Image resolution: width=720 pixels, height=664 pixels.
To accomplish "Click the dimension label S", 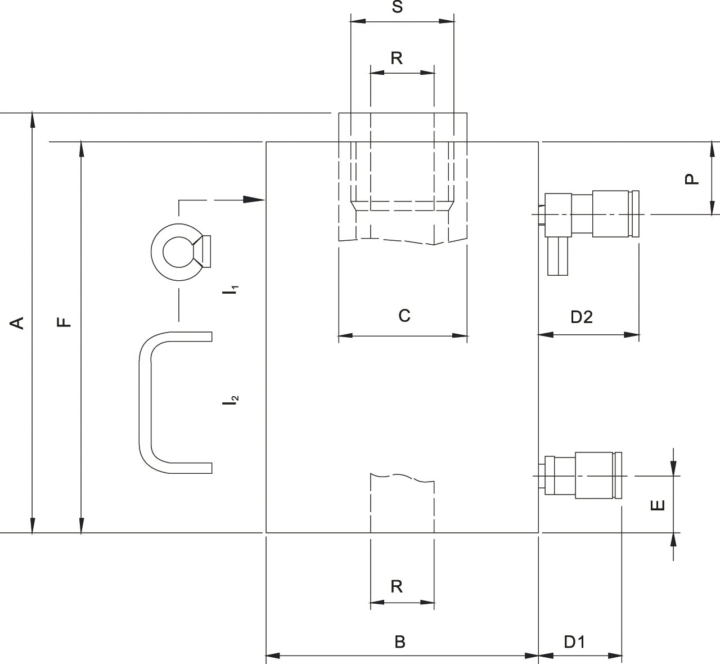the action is click(397, 7).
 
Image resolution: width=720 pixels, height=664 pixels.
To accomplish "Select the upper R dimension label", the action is click(397, 58).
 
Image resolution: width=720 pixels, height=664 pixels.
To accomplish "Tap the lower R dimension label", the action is click(397, 587).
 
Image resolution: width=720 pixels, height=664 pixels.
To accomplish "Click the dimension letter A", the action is click(17, 323).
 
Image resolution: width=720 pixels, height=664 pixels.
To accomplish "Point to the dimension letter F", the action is click(64, 322).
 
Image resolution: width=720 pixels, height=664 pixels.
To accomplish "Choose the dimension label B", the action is click(400, 642).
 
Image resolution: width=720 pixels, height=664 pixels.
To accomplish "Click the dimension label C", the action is click(404, 316).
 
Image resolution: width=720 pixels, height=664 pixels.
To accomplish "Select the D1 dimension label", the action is click(575, 642).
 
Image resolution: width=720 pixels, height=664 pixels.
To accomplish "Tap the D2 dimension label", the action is click(582, 317).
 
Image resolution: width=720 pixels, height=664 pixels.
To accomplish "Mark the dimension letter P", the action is click(692, 179).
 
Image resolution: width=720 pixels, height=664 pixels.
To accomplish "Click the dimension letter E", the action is click(658, 505).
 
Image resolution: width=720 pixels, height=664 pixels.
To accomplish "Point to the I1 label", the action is click(231, 290).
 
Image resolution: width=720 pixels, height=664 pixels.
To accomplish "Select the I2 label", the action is click(231, 400).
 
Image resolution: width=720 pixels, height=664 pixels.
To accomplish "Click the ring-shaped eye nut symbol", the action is click(181, 252).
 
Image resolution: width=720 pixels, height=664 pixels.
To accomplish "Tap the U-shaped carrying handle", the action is click(175, 402).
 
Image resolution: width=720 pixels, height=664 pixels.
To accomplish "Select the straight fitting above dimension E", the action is click(580, 475).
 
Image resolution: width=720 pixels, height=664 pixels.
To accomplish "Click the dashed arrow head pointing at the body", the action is click(254, 199).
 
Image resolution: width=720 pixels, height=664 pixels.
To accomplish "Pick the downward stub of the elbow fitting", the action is click(557, 256).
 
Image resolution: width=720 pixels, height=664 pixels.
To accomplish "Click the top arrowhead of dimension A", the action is click(32, 120).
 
